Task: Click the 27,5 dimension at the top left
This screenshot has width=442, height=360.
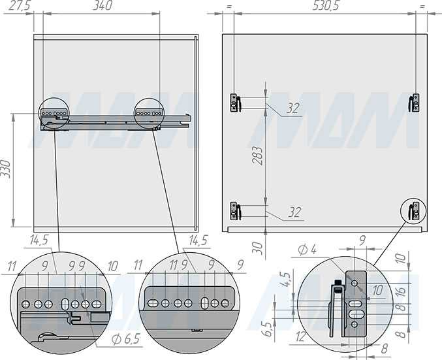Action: pyautogui.click(x=19, y=6)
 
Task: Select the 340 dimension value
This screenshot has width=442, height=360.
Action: pyautogui.click(x=103, y=6)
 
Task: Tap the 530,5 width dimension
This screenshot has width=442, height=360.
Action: pyautogui.click(x=326, y=6)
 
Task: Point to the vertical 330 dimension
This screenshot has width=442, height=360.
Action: pyautogui.click(x=6, y=169)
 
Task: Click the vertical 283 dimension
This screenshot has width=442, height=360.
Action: pyautogui.click(x=257, y=155)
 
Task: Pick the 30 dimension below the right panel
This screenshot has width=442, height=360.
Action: pyautogui.click(x=258, y=248)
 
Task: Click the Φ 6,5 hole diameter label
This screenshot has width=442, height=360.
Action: pyautogui.click(x=126, y=339)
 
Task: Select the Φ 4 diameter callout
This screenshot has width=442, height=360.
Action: pyautogui.click(x=308, y=250)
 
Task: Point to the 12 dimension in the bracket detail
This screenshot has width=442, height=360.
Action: pyautogui.click(x=301, y=336)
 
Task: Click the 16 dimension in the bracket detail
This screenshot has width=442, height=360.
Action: pyautogui.click(x=401, y=290)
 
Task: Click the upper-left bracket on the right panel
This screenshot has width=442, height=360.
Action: pyautogui.click(x=236, y=103)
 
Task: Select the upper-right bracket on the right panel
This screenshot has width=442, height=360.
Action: pyautogui.click(x=414, y=103)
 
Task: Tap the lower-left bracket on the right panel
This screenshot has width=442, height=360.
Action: pyautogui.click(x=236, y=211)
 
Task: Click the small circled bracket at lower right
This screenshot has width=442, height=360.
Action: pyautogui.click(x=414, y=211)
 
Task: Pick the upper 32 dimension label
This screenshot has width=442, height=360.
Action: pyautogui.click(x=293, y=108)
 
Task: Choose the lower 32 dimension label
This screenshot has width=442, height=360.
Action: pyautogui.click(x=294, y=212)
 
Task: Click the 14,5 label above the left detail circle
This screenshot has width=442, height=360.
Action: pyautogui.click(x=39, y=240)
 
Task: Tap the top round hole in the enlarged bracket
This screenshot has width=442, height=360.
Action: pyautogui.click(x=355, y=283)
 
